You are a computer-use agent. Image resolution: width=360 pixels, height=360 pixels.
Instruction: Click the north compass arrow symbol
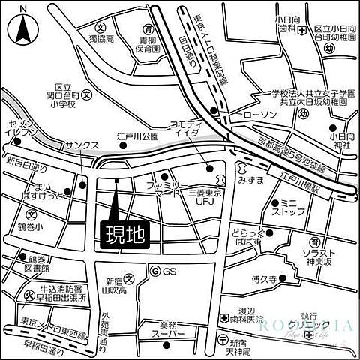[22, 31]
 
